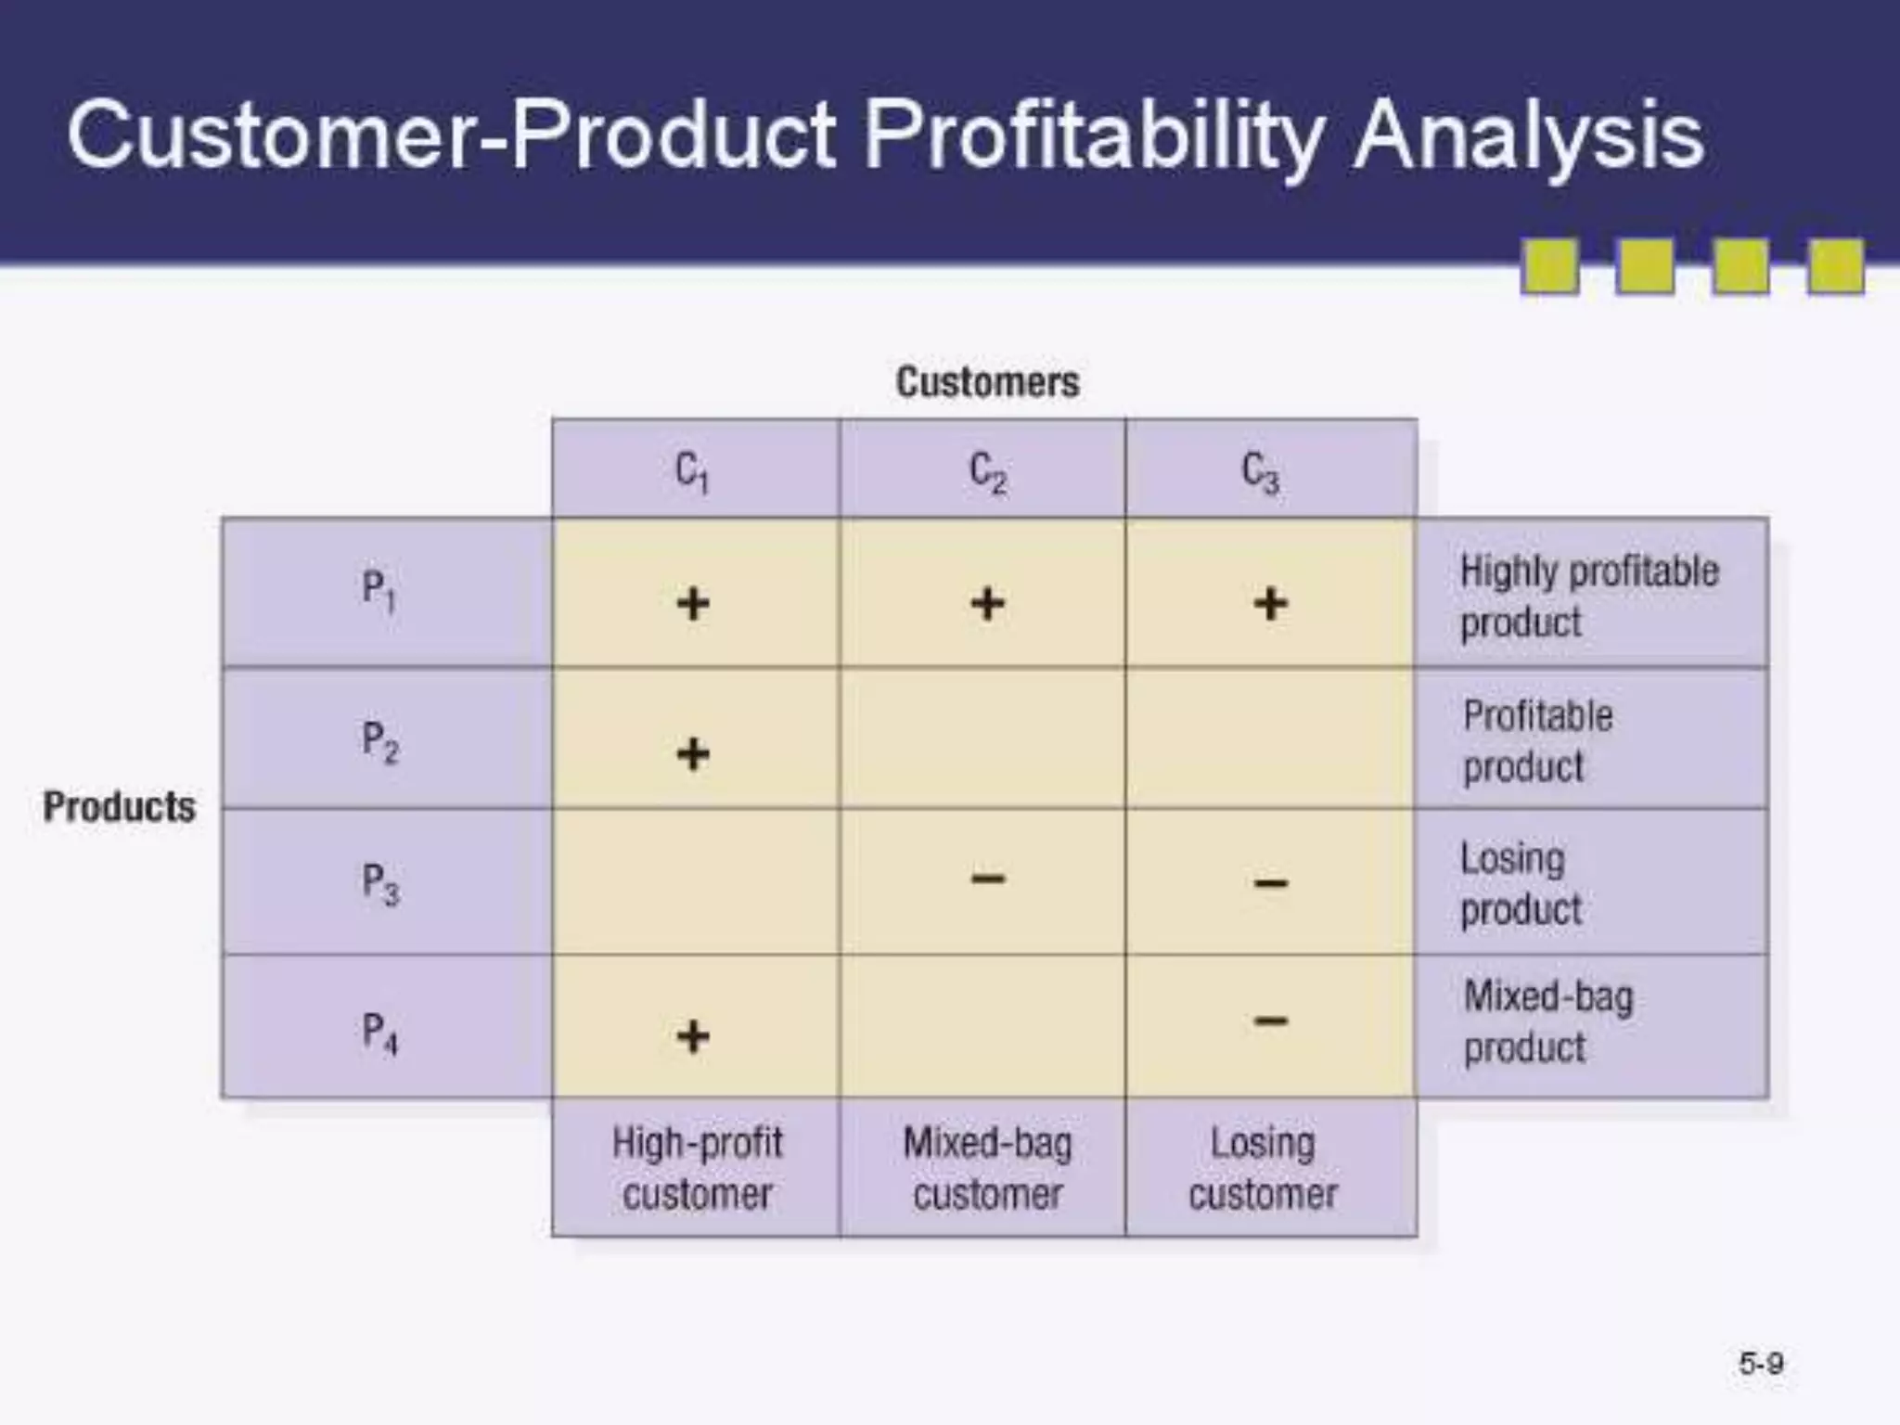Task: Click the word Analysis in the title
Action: click(x=1528, y=137)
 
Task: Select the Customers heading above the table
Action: click(x=987, y=382)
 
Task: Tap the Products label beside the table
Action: click(x=120, y=806)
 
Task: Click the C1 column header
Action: click(x=692, y=471)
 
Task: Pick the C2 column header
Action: click(x=987, y=471)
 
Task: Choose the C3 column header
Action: click(x=1261, y=471)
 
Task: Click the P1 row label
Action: click(x=379, y=590)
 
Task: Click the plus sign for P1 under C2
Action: click(x=987, y=604)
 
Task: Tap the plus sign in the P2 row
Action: click(x=692, y=753)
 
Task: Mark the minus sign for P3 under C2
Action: click(x=987, y=878)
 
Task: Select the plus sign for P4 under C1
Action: click(x=692, y=1035)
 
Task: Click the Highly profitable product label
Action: click(x=1588, y=596)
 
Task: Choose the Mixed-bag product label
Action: click(x=1547, y=1021)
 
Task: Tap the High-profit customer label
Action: click(x=697, y=1168)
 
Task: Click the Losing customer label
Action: click(x=1263, y=1168)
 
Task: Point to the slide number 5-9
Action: click(x=1760, y=1364)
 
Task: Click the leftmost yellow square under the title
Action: click(x=1549, y=266)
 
